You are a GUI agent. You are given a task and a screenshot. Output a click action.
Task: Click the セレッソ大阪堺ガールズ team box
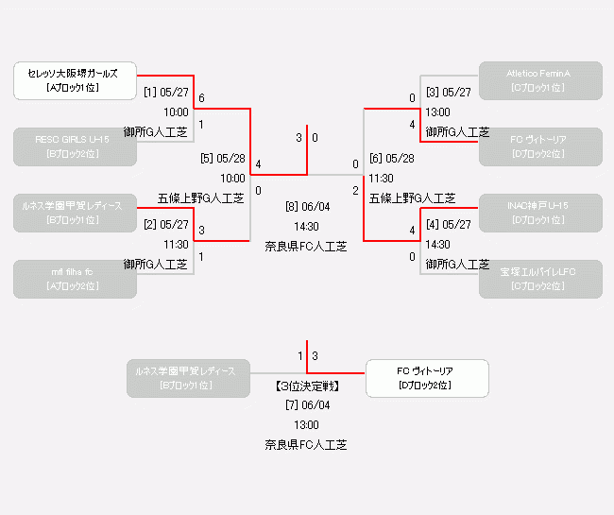click(x=75, y=80)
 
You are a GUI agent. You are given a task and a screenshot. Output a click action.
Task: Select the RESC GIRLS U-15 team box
click(x=75, y=146)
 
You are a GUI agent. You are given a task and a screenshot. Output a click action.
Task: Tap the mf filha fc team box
click(x=75, y=279)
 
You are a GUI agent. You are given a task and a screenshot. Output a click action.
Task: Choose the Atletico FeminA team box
click(x=539, y=80)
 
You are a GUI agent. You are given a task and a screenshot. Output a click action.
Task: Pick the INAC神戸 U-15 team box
click(x=539, y=213)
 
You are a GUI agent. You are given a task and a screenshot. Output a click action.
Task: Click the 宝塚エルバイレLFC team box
click(x=539, y=279)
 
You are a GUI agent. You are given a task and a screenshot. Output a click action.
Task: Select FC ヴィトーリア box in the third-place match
click(x=427, y=378)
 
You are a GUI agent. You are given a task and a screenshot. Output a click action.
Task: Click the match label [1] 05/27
click(x=167, y=93)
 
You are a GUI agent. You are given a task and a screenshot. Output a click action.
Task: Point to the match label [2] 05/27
click(x=167, y=225)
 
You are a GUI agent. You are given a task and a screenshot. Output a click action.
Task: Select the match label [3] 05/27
click(x=448, y=93)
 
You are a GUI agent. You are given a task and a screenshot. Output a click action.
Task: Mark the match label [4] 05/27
click(x=448, y=225)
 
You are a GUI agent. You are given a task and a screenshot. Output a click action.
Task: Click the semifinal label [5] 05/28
click(x=223, y=159)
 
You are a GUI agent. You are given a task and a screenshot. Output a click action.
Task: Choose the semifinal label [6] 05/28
click(x=391, y=159)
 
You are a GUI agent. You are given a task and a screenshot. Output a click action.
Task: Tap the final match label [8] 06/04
click(x=307, y=207)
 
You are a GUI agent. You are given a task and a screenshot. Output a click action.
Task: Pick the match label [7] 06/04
click(x=307, y=405)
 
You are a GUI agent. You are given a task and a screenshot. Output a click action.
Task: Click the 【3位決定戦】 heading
click(x=307, y=386)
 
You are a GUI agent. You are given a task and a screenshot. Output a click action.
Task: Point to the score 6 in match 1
click(x=202, y=98)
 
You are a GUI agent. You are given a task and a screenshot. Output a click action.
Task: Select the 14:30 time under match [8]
click(x=307, y=227)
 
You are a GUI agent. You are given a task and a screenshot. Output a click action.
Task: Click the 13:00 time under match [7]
click(x=307, y=425)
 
